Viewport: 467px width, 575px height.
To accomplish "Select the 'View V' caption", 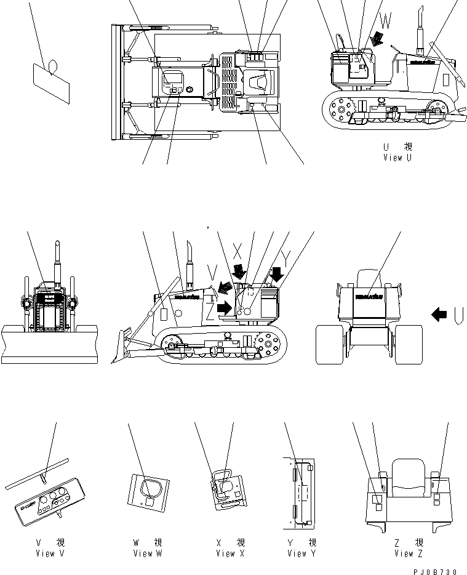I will tap(50, 553).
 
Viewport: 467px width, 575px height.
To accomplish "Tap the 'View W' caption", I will tap(148, 553).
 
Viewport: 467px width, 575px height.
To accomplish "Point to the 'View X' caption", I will tap(230, 553).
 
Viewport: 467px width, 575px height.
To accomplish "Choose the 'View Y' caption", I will tap(301, 553).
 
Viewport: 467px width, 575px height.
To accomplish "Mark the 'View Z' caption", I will tap(408, 553).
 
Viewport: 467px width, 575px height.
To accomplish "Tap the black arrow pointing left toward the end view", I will tap(439, 315).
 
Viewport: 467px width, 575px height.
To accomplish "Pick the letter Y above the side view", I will tap(285, 254).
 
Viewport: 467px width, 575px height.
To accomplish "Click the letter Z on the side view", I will tap(210, 313).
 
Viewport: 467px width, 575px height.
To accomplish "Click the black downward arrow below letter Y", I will tap(276, 273).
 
